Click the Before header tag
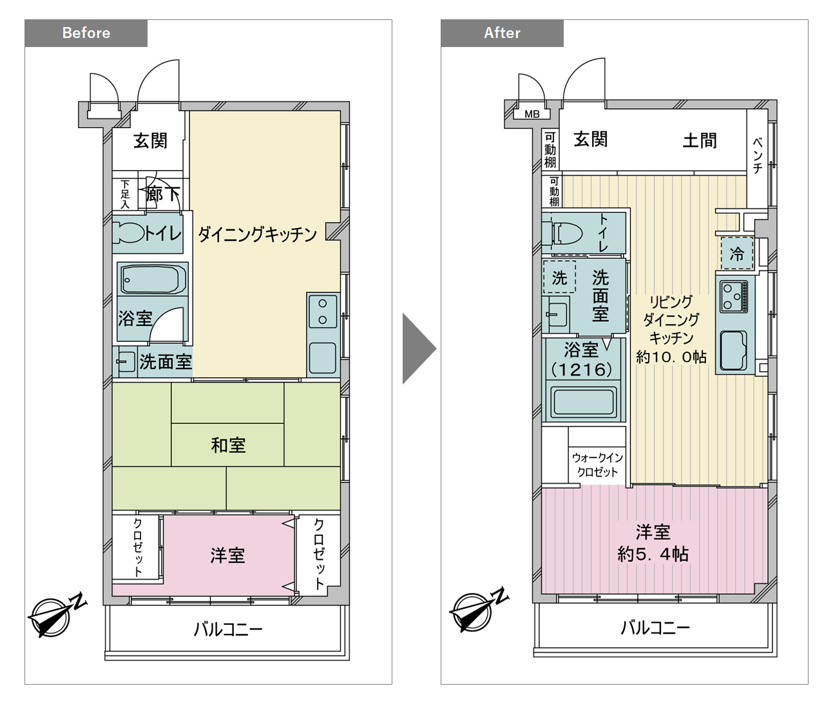pyautogui.click(x=86, y=33)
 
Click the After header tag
pyautogui.click(x=502, y=33)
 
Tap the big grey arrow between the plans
pyautogui.click(x=419, y=348)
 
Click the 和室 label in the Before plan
pyautogui.click(x=228, y=445)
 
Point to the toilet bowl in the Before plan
pyautogui.click(x=128, y=233)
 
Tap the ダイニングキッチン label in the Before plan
pyautogui.click(x=257, y=234)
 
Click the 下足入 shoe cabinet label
pyautogui.click(x=125, y=195)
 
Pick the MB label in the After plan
pyautogui.click(x=532, y=115)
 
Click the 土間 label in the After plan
pyautogui.click(x=700, y=140)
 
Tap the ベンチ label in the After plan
pyautogui.click(x=758, y=155)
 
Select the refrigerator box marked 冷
pyautogui.click(x=736, y=254)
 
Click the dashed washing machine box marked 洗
pyautogui.click(x=559, y=277)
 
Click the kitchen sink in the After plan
pyautogui.click(x=733, y=350)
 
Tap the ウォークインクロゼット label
pyautogui.click(x=597, y=464)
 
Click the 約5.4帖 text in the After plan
pyautogui.click(x=653, y=555)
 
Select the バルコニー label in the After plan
pyautogui.click(x=655, y=628)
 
